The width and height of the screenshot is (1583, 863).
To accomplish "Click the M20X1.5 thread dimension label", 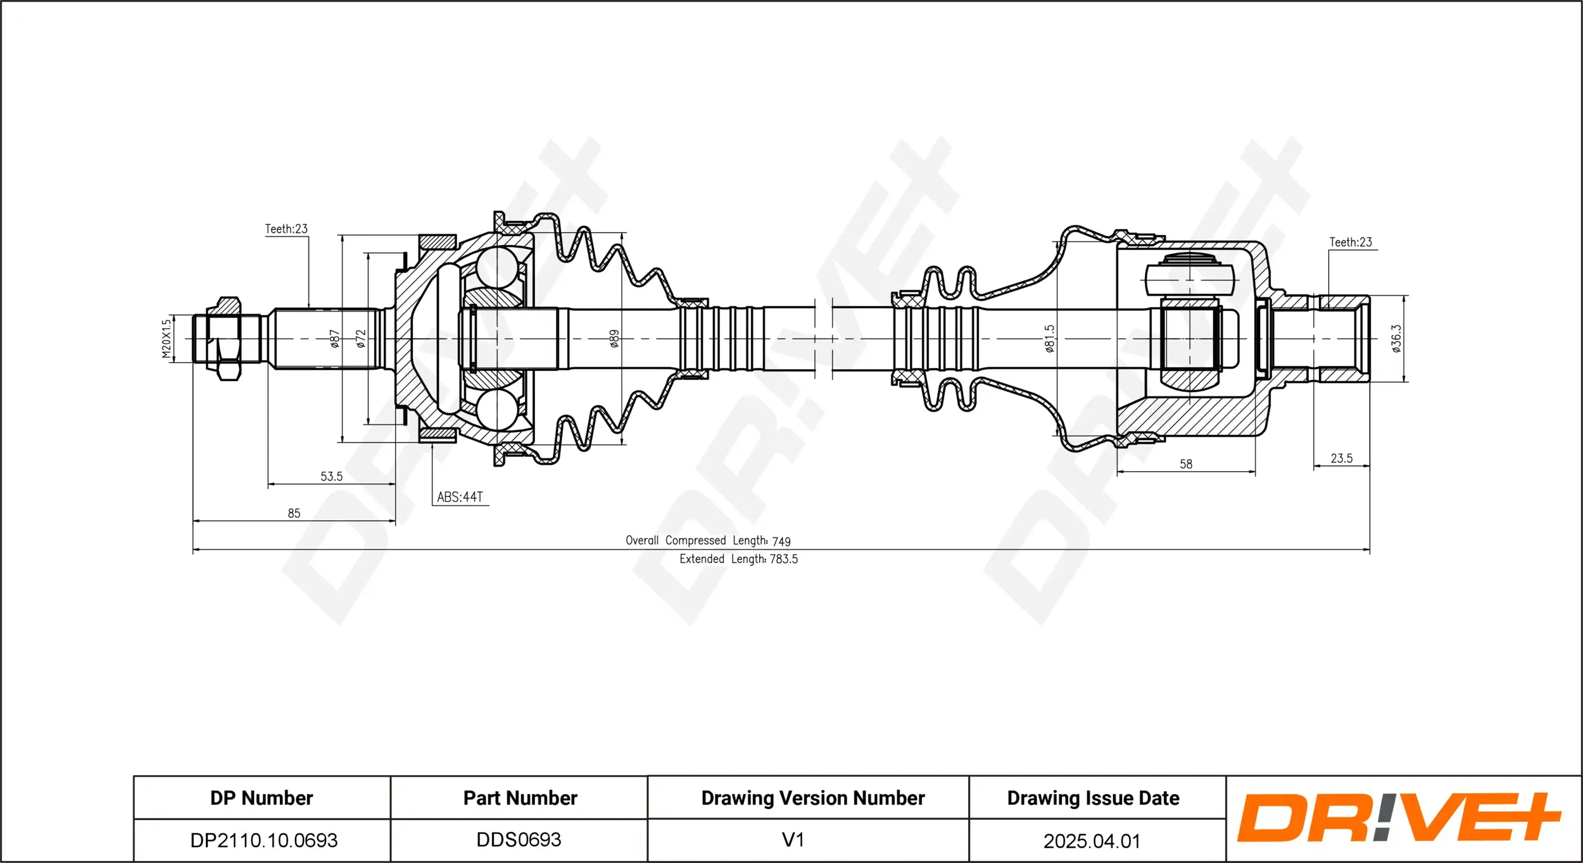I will (x=167, y=339).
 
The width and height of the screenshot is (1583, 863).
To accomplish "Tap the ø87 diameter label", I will (x=335, y=339).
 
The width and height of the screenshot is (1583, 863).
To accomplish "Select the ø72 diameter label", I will (x=361, y=339).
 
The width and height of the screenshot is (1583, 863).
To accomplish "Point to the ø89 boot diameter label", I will (x=614, y=339).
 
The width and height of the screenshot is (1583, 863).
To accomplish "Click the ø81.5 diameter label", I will (x=1050, y=339).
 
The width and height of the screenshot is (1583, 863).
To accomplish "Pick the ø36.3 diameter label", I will (x=1396, y=339).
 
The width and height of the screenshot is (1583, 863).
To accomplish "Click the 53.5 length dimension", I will (x=331, y=476).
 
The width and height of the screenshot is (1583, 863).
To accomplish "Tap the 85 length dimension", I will (x=294, y=513).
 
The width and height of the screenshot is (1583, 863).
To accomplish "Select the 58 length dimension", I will (x=1186, y=464).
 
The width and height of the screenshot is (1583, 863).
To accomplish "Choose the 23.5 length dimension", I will (x=1341, y=458).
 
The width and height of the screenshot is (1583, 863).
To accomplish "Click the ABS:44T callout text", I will (x=460, y=497).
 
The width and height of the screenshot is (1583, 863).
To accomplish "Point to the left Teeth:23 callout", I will (x=286, y=229).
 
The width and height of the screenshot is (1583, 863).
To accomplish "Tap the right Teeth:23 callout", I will (x=1351, y=242).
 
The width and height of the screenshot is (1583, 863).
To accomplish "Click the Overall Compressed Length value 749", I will (x=781, y=541).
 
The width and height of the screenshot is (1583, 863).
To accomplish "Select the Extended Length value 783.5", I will (x=783, y=559).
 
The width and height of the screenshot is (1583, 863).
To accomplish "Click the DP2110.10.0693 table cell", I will (x=263, y=840).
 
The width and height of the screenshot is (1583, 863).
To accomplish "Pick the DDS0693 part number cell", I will (x=519, y=840).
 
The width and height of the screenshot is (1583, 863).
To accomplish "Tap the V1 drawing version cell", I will (x=793, y=840).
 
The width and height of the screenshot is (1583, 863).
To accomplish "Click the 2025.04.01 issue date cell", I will (x=1092, y=841).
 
